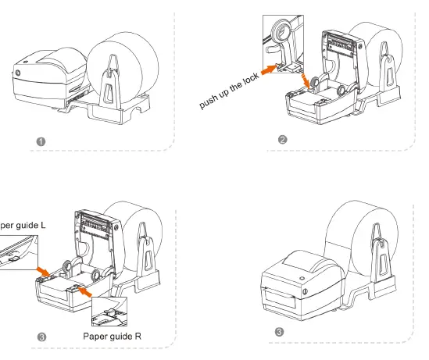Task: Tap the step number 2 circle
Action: point(282,141)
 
